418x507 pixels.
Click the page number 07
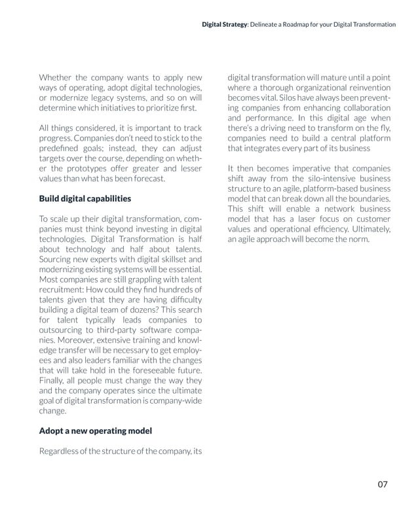click(x=383, y=484)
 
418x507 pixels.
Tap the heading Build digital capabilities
click(x=85, y=198)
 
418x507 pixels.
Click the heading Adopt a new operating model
click(x=95, y=431)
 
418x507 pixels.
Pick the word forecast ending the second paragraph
click(x=145, y=177)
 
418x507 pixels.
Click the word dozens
click(x=138, y=309)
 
